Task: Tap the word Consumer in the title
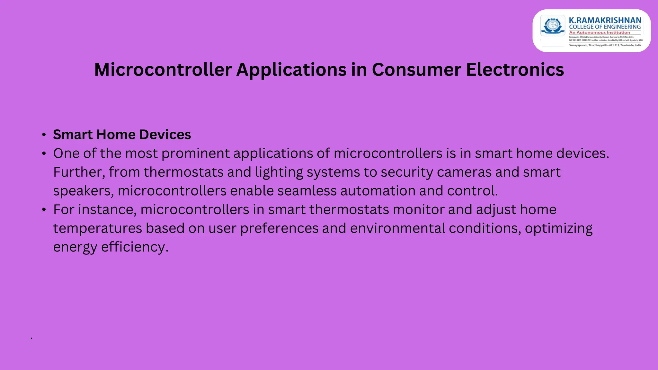tap(416, 70)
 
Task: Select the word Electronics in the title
tap(515, 70)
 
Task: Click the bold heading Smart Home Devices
tap(122, 135)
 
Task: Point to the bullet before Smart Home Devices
tap(44, 135)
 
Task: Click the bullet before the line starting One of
tap(44, 154)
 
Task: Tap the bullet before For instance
tap(44, 210)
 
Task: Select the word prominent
tap(195, 154)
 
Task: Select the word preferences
tap(279, 228)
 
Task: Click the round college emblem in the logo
tap(553, 26)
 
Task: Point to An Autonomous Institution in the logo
tap(600, 32)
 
